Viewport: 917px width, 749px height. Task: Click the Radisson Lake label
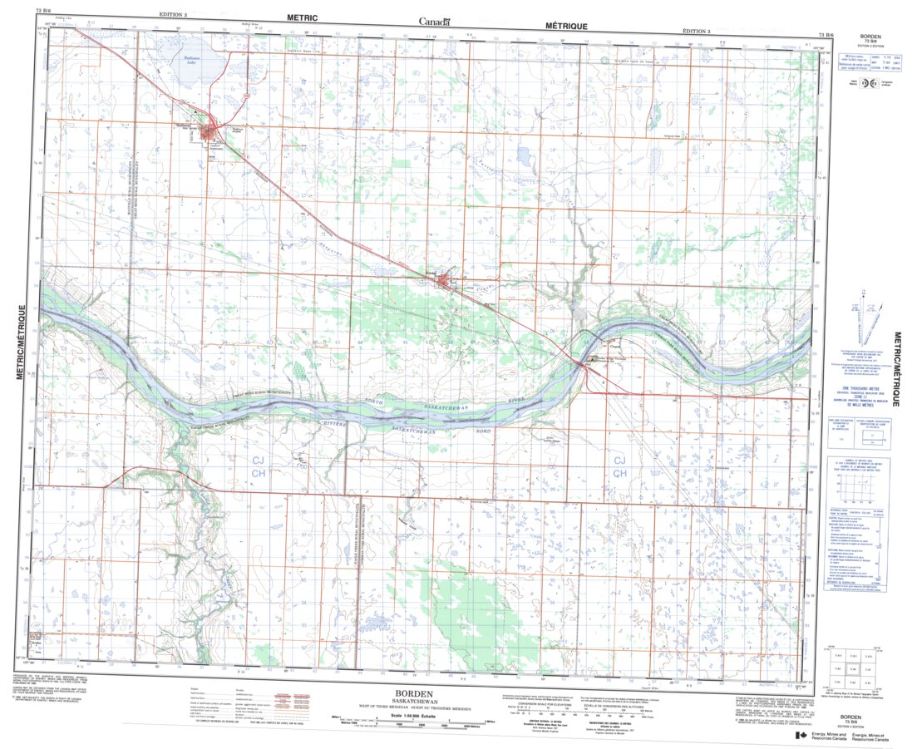click(x=190, y=60)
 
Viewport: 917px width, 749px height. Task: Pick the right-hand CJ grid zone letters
click(x=619, y=461)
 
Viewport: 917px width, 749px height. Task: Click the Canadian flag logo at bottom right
click(x=800, y=736)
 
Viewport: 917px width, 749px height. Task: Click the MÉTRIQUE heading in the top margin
click(x=564, y=27)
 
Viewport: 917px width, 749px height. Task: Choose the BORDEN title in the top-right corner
click(x=870, y=37)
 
